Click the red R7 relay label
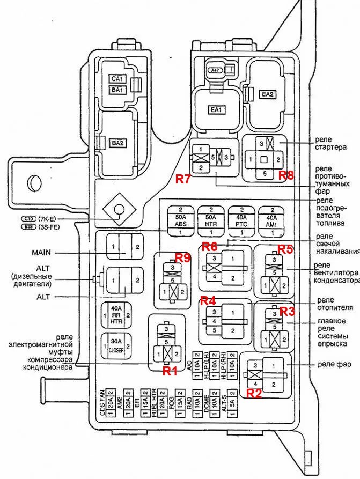183,179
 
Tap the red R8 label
286,175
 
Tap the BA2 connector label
117,143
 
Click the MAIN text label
40,253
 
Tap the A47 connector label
215,70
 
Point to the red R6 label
209,246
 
